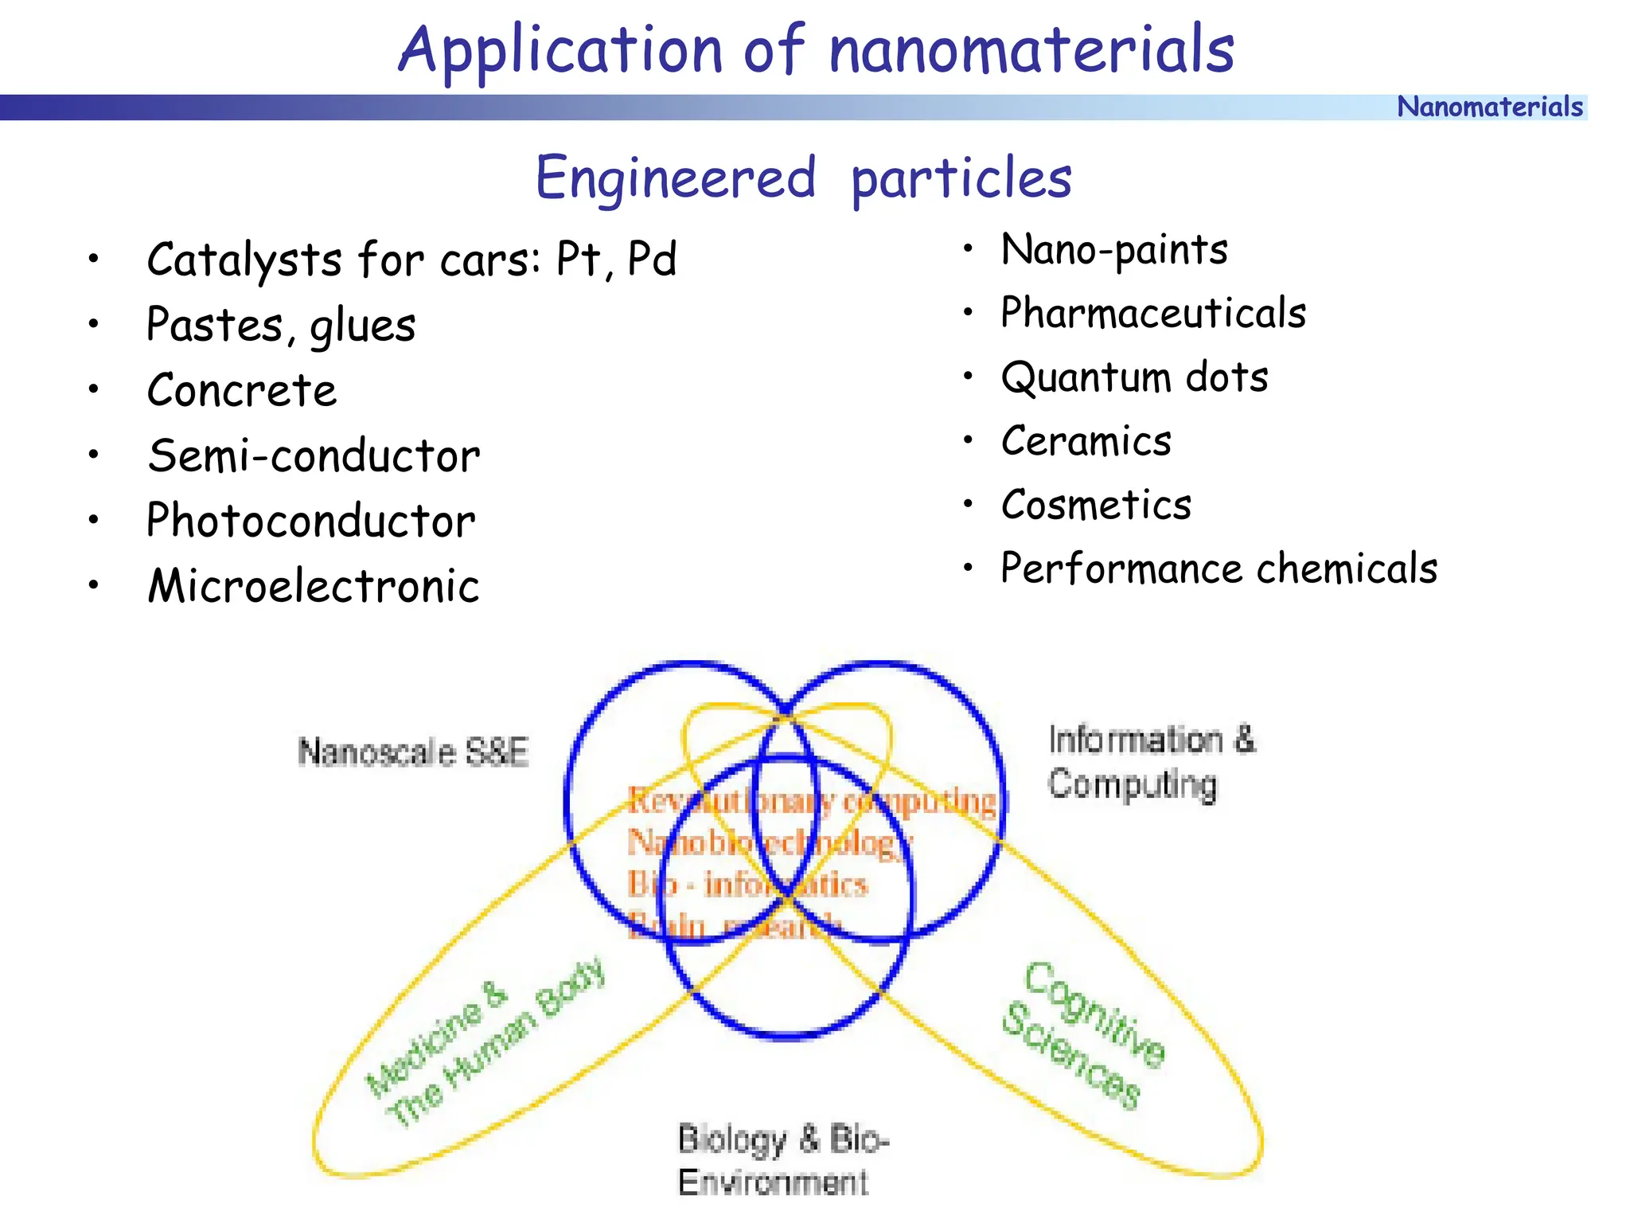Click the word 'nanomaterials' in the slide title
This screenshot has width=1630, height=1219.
1031,49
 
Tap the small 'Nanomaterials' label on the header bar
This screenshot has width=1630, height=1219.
1489,107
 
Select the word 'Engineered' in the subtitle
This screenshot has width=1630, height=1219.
676,178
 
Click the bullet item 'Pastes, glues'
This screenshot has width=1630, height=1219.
281,326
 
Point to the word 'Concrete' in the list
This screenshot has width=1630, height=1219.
242,391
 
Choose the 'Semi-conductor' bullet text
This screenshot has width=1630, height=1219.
314,456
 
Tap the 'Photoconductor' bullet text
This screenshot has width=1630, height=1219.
310,522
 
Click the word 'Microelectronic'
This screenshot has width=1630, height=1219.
314,587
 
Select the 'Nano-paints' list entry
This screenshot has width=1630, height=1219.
1114,250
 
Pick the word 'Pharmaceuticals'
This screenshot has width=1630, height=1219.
1153,313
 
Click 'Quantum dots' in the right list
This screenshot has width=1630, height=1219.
1134,377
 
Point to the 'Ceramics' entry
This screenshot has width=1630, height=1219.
1086,441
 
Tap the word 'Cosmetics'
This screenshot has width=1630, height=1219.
1096,505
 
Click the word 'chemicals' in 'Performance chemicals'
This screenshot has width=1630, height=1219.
1347,568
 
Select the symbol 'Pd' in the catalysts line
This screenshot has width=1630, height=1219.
652,260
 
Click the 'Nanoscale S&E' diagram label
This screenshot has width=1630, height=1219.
413,752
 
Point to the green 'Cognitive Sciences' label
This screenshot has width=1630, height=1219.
1083,1036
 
